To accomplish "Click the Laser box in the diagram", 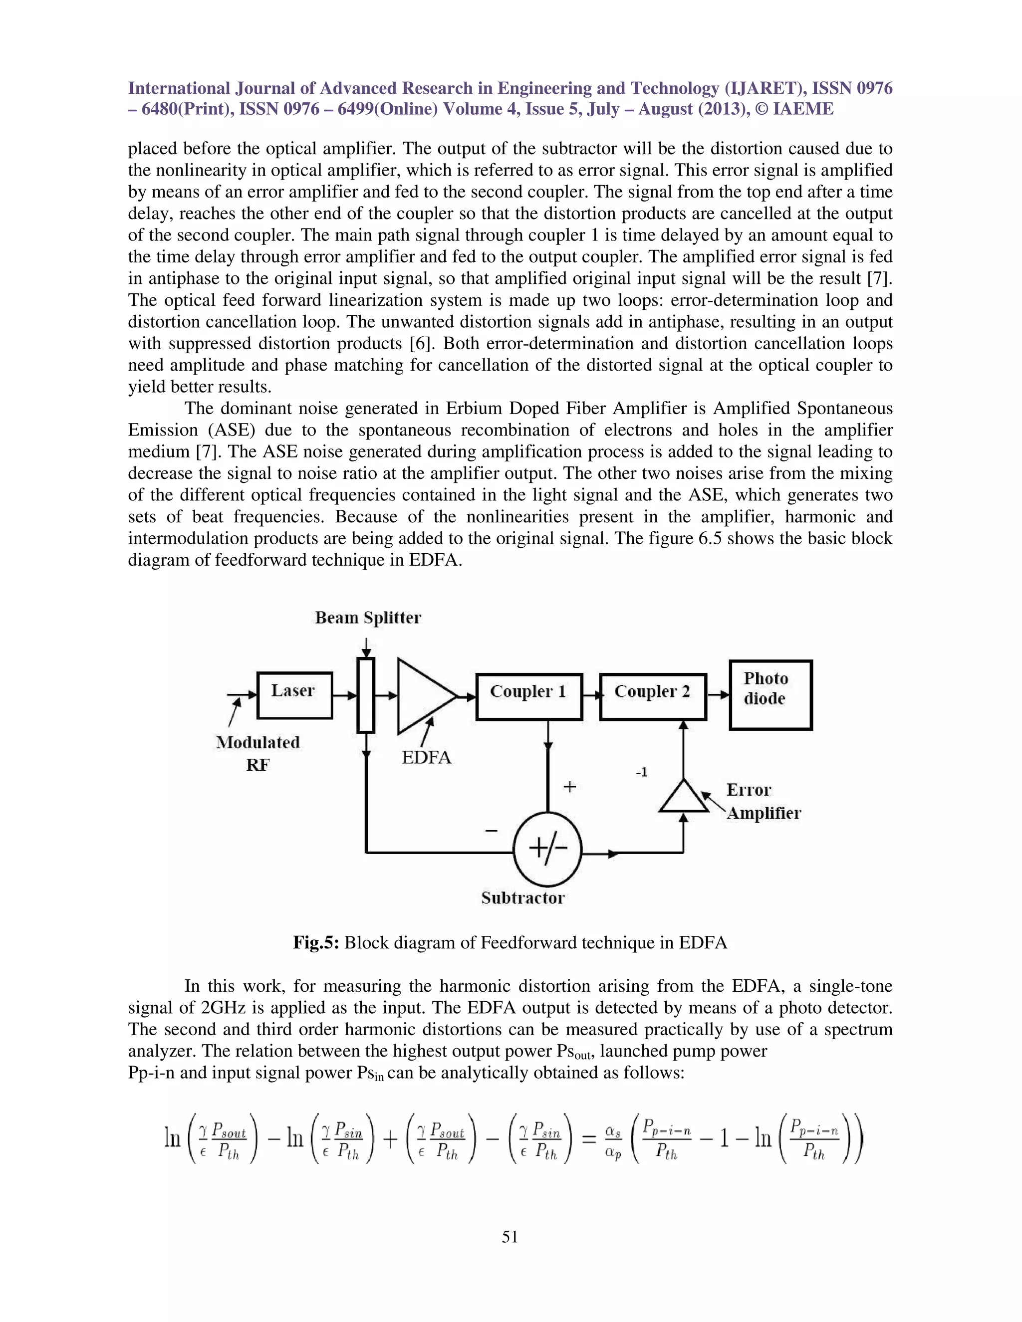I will (x=295, y=695).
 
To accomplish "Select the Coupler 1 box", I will (x=529, y=696).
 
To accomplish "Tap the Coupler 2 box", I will (x=653, y=696).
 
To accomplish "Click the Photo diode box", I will (x=770, y=694).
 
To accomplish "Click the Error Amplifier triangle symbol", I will (x=684, y=797).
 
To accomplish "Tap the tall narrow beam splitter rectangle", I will (x=366, y=695).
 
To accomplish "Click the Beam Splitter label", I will (x=367, y=618).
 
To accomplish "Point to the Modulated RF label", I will (x=258, y=753).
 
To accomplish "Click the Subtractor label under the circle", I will (x=522, y=897).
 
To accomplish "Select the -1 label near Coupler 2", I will (x=642, y=772).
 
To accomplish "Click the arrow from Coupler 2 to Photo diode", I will (x=718, y=695).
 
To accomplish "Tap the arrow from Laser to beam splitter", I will (x=344, y=695).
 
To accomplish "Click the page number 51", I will (x=510, y=1237).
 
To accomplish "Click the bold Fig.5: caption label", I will (x=316, y=942).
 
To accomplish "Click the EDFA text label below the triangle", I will (x=427, y=757).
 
